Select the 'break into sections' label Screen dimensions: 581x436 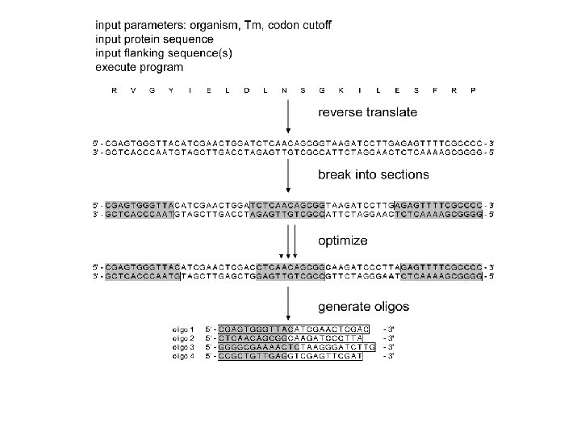pos(374,174)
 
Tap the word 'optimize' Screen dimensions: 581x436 pos(343,241)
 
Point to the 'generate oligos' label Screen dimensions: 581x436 pos(364,306)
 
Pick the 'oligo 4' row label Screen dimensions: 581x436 pos(184,356)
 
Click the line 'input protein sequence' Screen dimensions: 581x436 pos(154,38)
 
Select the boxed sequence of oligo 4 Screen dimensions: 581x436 pos(290,356)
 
